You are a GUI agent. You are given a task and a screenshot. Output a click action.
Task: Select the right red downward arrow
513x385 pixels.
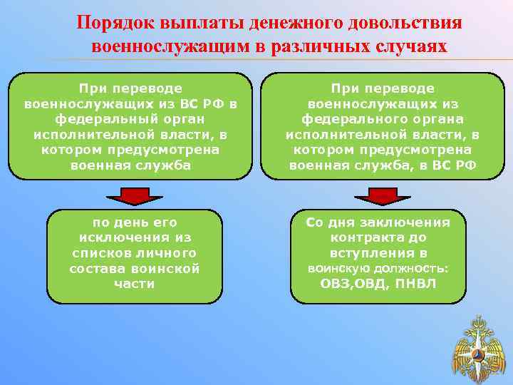[383, 194]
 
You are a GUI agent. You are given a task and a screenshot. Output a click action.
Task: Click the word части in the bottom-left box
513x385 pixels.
[134, 284]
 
